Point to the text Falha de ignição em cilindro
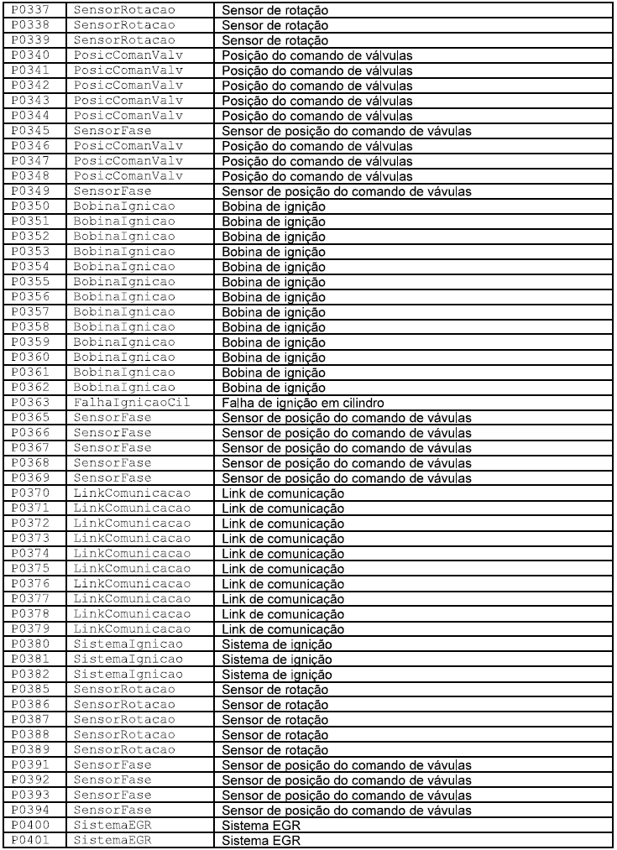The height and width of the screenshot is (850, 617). click(293, 403)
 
